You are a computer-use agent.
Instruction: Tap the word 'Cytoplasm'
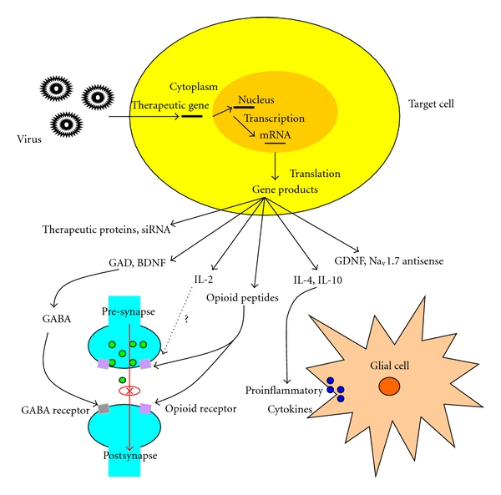[x=194, y=86]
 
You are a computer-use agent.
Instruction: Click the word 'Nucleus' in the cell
[x=257, y=99]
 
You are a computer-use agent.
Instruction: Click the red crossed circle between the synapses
[x=129, y=390]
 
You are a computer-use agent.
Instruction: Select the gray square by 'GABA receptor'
[x=104, y=407]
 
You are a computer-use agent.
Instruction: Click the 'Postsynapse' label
[x=129, y=457]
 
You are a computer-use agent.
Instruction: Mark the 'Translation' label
[x=314, y=174]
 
